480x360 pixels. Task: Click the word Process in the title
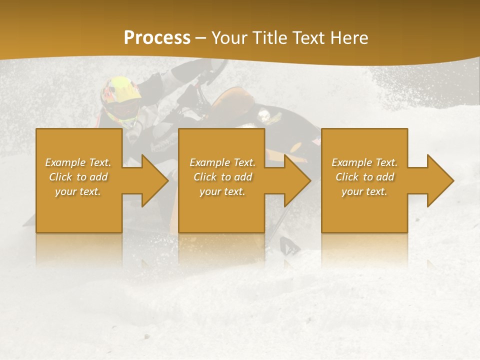[157, 37]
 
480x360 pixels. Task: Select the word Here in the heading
[348, 37]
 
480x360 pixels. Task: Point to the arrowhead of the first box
[155, 180]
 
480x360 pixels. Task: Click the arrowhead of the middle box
[297, 180]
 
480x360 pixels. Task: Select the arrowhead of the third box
[440, 180]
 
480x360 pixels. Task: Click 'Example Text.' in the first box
[78, 162]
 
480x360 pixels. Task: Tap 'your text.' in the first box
[78, 191]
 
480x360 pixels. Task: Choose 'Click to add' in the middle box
[222, 177]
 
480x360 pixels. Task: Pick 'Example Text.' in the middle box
[222, 162]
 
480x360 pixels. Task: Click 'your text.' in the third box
[364, 191]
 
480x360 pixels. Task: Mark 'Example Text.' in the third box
[364, 162]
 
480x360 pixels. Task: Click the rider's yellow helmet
[120, 90]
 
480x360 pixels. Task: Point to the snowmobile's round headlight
[263, 116]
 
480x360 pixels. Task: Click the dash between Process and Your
[201, 37]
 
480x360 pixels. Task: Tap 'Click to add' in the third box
[364, 177]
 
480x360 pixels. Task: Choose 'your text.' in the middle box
[222, 191]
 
